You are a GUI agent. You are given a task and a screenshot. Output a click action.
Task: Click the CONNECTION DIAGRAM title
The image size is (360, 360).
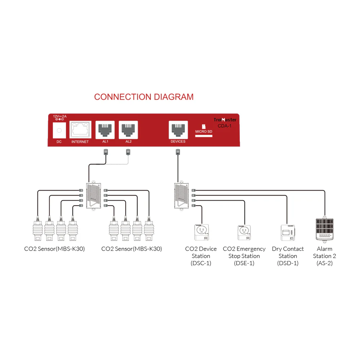pos(144,97)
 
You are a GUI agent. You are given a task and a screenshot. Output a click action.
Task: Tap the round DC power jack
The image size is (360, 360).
pos(59,130)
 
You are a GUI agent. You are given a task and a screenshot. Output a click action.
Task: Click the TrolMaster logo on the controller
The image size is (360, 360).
pos(225,120)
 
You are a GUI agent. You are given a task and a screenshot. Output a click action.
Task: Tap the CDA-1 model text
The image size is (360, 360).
pos(225,126)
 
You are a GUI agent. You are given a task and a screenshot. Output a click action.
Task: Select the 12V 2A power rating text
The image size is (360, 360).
pos(59,117)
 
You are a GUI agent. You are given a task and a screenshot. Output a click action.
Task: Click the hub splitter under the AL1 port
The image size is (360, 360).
pos(93,195)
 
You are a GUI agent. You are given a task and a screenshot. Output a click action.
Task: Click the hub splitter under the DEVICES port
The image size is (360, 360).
pos(180,195)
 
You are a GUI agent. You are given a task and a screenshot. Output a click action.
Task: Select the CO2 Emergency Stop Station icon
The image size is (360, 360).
pos(244,233)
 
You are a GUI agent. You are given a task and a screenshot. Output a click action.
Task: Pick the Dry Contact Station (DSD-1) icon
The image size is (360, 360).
pos(288,233)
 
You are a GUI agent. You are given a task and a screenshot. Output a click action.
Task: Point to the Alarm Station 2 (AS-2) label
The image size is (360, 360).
pos(324,256)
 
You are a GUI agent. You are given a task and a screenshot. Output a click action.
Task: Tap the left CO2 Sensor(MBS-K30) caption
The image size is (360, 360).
pos(55,249)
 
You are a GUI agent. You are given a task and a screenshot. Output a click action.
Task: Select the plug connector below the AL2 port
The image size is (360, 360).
pos(128,153)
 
